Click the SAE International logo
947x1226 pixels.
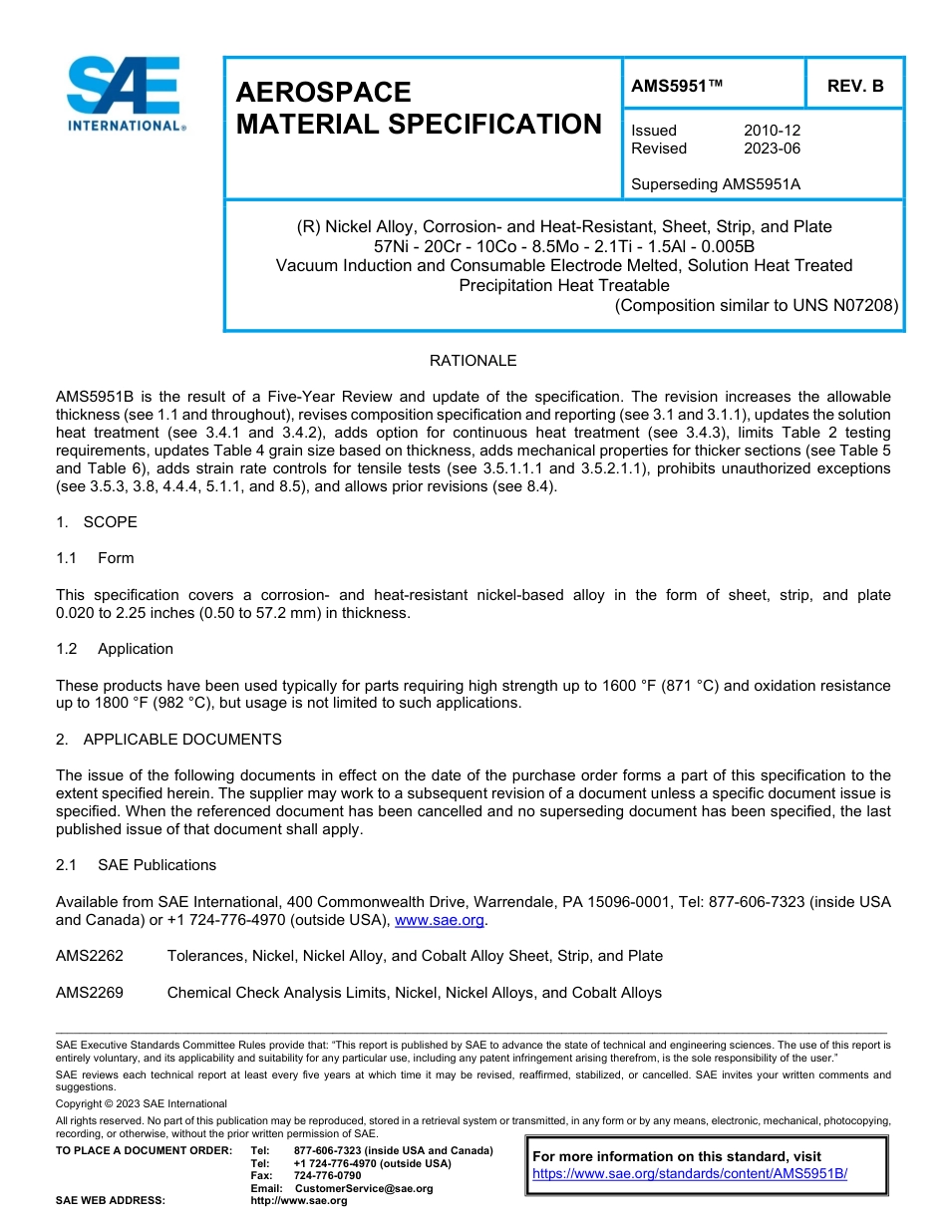(x=124, y=94)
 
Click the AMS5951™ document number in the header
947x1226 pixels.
(x=676, y=87)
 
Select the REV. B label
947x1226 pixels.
(x=855, y=87)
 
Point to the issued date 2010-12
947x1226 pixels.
(x=772, y=131)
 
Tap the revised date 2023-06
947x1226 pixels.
(x=772, y=149)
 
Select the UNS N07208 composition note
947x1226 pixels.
(x=757, y=305)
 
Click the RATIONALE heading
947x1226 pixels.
(x=473, y=361)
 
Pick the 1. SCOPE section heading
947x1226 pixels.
(x=97, y=522)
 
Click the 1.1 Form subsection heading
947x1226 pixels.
(x=96, y=558)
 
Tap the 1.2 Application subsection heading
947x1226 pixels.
(x=115, y=649)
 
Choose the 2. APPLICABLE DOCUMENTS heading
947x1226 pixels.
(x=168, y=740)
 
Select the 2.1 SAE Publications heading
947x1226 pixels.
(x=136, y=865)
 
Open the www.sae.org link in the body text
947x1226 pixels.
(x=440, y=920)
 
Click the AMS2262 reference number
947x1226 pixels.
(x=90, y=956)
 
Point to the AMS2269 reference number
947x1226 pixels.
(x=90, y=993)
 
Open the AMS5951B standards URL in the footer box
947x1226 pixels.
(x=690, y=1174)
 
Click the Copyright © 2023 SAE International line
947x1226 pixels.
(x=142, y=1103)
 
